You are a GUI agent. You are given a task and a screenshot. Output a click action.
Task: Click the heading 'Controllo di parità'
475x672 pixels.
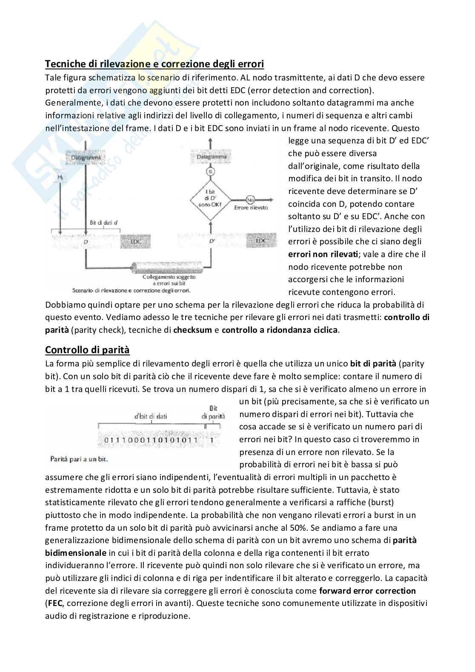(87, 350)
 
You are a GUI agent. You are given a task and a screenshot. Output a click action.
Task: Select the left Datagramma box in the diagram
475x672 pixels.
(86, 158)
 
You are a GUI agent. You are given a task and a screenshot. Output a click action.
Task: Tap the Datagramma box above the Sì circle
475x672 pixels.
(211, 157)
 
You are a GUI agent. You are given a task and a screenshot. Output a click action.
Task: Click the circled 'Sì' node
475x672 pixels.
(210, 171)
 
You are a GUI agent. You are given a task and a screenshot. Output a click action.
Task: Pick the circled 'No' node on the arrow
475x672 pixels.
(251, 199)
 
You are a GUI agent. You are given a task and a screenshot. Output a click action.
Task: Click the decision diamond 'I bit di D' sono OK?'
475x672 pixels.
(210, 199)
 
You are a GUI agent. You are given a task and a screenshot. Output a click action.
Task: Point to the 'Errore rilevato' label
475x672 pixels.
(251, 207)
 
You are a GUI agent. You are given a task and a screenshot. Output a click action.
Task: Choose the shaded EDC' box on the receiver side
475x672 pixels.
(261, 241)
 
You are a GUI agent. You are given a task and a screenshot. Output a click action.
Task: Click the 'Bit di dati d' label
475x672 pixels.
(104, 223)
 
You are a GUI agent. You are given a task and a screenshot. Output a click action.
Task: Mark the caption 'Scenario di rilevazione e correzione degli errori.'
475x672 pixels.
(131, 291)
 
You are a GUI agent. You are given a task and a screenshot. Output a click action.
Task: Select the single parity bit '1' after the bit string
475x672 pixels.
(212, 440)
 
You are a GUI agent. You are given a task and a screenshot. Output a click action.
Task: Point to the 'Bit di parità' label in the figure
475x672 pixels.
(213, 412)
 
